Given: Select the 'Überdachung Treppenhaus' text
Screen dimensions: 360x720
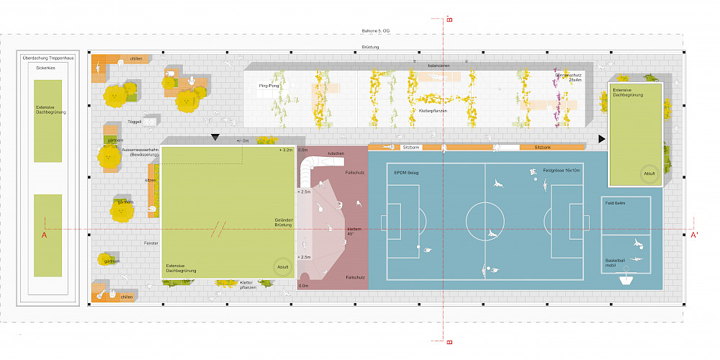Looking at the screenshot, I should click(48, 57).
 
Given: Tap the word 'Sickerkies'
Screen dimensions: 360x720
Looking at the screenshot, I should click(47, 68).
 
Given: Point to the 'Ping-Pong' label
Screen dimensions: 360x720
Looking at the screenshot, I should click(269, 86).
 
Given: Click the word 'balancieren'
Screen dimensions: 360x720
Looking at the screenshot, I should click(438, 66).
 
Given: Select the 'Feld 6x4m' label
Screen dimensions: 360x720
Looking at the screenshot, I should click(618, 203).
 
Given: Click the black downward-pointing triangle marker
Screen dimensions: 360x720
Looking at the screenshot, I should click(215, 137).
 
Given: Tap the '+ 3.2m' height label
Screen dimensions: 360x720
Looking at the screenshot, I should click(286, 150).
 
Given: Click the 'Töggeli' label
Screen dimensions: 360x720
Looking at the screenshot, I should click(135, 122).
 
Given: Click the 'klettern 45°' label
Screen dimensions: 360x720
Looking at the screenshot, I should click(333, 231).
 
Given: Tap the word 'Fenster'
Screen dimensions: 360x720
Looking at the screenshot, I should click(150, 243).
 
